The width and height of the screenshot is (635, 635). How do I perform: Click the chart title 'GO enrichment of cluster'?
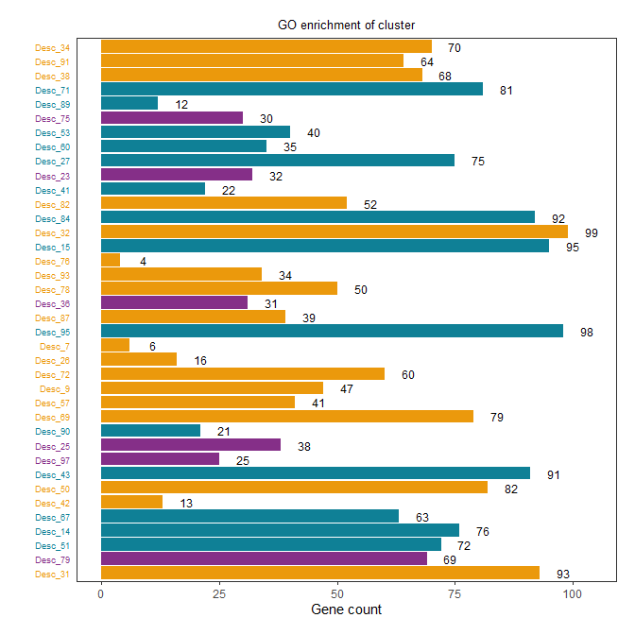[346, 24]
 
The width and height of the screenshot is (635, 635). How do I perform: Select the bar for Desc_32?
[334, 232]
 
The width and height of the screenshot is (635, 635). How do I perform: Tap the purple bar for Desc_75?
[172, 118]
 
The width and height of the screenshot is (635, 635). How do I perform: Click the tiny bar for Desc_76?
[111, 260]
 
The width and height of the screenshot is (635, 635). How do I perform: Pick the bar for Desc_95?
[332, 332]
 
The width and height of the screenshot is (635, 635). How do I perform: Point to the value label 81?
[506, 90]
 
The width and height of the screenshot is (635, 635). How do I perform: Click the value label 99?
[592, 232]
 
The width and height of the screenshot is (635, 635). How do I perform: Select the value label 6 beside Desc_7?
[152, 347]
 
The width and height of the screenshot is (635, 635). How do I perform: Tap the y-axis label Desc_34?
[52, 47]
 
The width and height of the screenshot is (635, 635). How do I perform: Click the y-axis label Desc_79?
[52, 559]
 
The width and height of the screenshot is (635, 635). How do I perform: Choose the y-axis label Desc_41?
[52, 190]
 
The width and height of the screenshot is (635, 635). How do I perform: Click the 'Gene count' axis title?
[346, 610]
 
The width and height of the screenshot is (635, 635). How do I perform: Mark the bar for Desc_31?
[320, 573]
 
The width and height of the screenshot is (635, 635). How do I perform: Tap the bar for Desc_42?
[131, 502]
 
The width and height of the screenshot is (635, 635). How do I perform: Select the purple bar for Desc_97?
[160, 459]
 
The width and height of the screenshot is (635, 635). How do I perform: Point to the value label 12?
[181, 104]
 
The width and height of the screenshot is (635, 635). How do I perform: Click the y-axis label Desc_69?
[52, 417]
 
